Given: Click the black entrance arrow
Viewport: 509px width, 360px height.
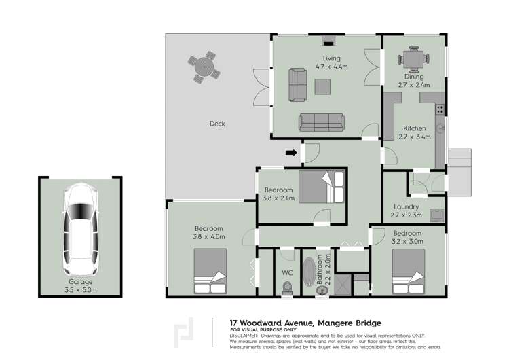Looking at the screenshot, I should point(291,154).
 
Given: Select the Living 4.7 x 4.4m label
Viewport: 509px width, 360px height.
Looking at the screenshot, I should point(331,62).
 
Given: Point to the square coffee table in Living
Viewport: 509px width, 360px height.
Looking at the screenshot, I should point(322,87).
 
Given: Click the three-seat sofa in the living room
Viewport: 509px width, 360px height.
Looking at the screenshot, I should point(321,122).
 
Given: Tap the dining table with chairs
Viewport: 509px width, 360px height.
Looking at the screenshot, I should point(413,59).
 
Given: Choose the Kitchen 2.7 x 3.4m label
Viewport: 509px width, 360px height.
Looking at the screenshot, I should point(415,132).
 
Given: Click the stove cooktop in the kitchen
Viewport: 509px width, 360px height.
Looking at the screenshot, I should point(440,107).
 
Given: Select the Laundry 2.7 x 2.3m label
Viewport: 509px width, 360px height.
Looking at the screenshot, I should point(407,211).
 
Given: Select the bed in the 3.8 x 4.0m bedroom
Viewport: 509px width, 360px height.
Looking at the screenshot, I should point(210,271).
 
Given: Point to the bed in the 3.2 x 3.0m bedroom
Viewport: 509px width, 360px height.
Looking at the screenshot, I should point(409,271).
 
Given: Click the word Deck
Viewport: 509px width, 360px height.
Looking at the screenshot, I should point(217,124).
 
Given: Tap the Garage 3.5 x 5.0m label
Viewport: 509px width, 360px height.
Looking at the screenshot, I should point(81,285).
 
